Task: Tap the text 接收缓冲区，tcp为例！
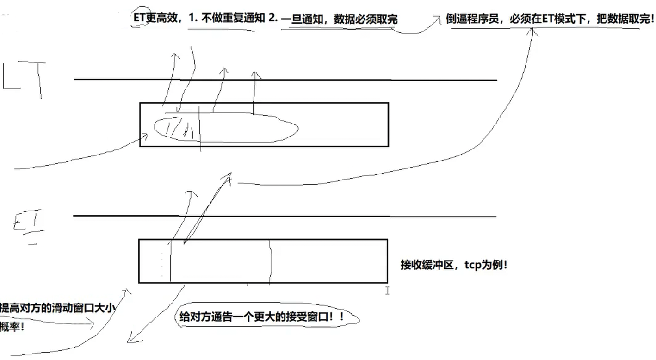(453, 266)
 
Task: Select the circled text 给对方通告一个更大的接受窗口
(261, 317)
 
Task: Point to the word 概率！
(12, 327)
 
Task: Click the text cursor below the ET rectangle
(387, 291)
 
